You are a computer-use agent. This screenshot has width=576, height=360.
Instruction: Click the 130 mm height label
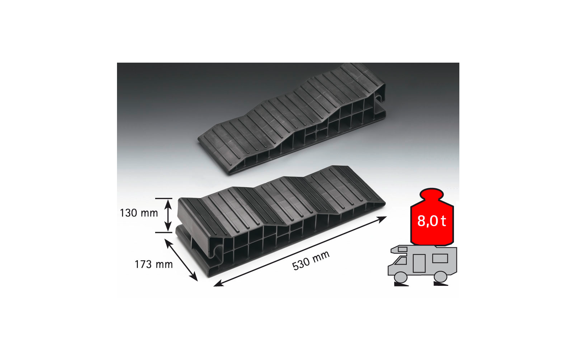[x=139, y=213]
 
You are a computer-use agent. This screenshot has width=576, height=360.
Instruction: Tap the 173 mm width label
[x=154, y=264]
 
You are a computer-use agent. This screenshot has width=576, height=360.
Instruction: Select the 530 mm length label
[x=311, y=260]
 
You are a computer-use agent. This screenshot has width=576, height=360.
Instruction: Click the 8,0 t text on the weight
[x=432, y=221]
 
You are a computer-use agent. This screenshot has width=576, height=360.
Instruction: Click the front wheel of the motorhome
[x=401, y=277]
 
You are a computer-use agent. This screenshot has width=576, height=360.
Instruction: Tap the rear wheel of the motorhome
[x=440, y=277]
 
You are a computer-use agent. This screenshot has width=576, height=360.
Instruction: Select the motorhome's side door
[x=419, y=263]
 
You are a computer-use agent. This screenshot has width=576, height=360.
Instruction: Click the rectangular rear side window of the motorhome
[x=440, y=258]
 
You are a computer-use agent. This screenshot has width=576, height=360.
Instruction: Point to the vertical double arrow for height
[x=168, y=216]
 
